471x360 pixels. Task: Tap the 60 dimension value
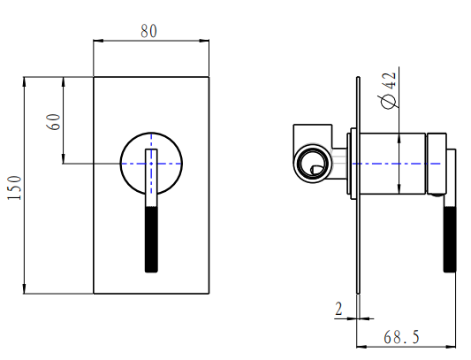point(54,120)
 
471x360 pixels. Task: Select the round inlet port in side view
point(311,163)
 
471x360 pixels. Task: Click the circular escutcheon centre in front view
point(152,163)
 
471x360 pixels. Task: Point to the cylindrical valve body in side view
point(389,163)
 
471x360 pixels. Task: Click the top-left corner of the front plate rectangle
point(94,77)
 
